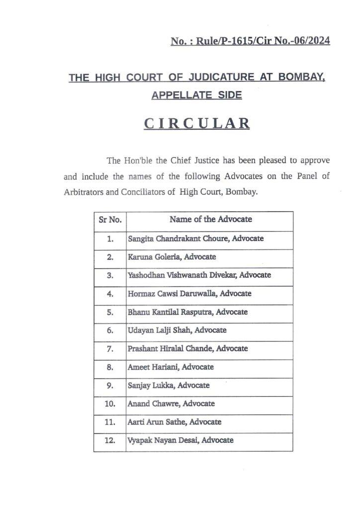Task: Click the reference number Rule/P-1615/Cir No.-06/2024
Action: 250,41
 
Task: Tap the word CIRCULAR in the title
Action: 197,123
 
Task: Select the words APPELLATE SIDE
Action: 197,94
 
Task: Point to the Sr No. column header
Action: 110,219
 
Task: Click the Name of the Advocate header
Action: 210,219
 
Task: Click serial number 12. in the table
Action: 110,440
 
